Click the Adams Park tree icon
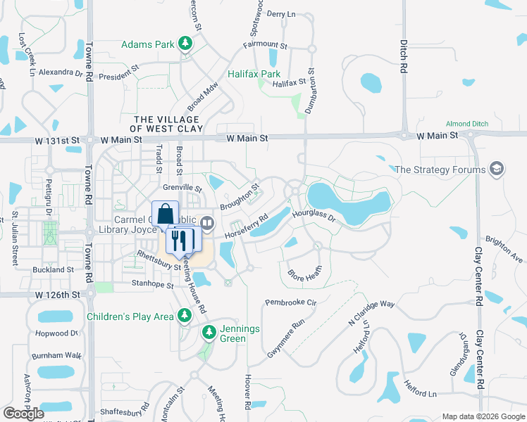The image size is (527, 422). [185, 44]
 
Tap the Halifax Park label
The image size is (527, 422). [254, 74]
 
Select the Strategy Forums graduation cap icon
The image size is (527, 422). [497, 170]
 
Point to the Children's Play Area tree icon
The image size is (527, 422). [185, 316]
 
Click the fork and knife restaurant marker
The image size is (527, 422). [180, 241]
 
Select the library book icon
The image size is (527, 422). [207, 223]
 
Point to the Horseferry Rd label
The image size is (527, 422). [247, 225]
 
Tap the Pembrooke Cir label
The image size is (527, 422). [291, 302]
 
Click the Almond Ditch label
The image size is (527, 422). [467, 124]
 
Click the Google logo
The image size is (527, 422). [24, 414]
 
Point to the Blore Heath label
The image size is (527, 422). [305, 273]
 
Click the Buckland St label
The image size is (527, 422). [51, 269]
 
